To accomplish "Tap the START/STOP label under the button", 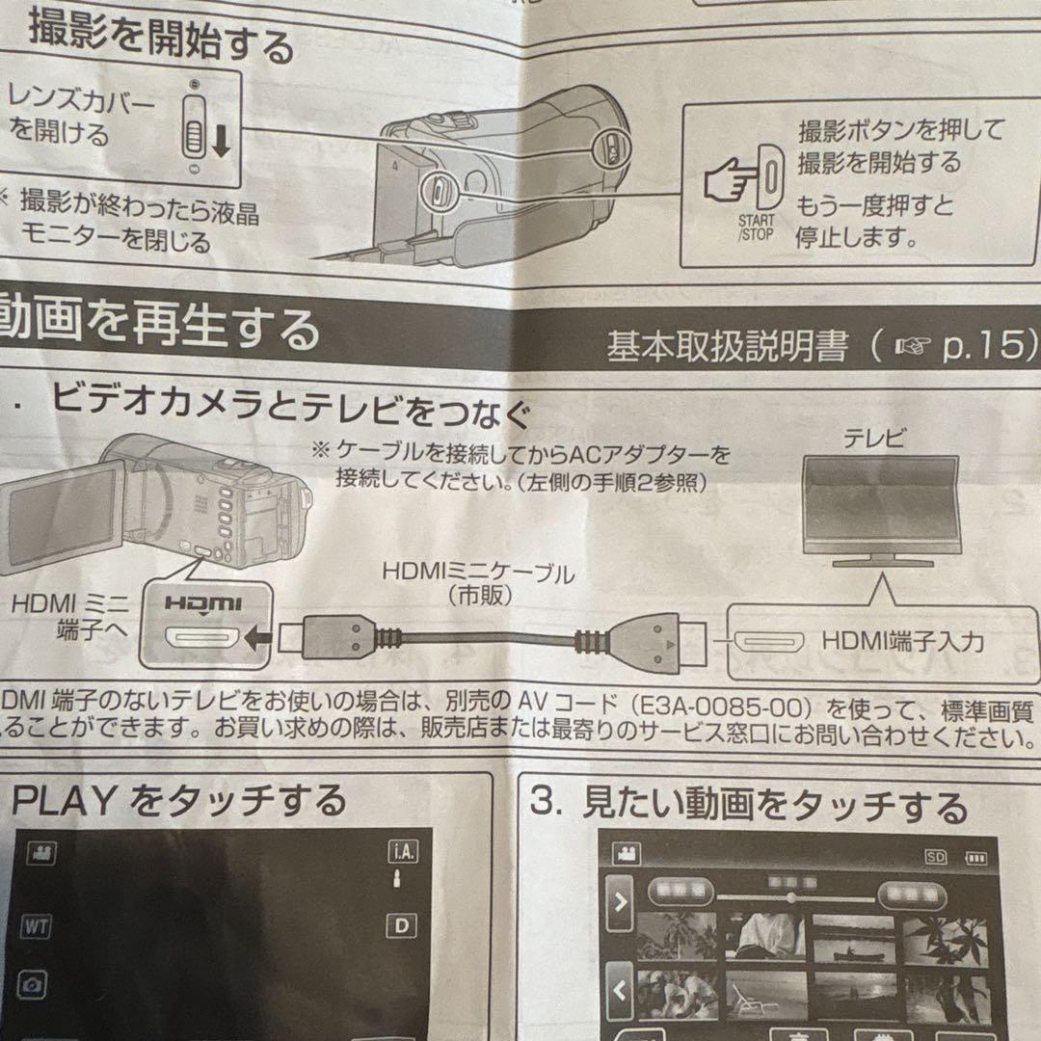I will [757, 227].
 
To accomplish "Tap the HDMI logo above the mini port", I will [201, 603].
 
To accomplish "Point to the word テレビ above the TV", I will [874, 440].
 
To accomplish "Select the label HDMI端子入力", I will [902, 641].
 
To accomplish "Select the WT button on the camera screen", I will [34, 927].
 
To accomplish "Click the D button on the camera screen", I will [402, 926].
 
